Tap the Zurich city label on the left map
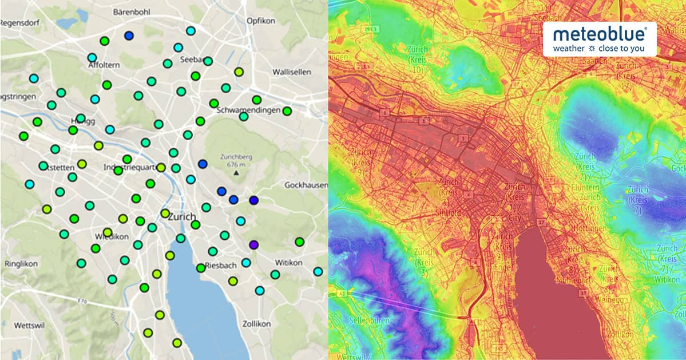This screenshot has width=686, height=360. tap(182, 217)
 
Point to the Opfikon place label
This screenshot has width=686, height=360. tap(261, 21)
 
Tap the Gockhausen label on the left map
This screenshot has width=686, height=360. tap(306, 185)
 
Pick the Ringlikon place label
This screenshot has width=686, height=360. tap(20, 265)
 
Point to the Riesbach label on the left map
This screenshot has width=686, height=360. tap(216, 265)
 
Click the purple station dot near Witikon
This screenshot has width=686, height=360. tap(254, 244)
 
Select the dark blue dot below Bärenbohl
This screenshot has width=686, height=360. tap(129, 35)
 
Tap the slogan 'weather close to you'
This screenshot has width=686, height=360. tap(599, 49)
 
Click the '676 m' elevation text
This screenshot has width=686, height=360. tap(236, 164)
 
